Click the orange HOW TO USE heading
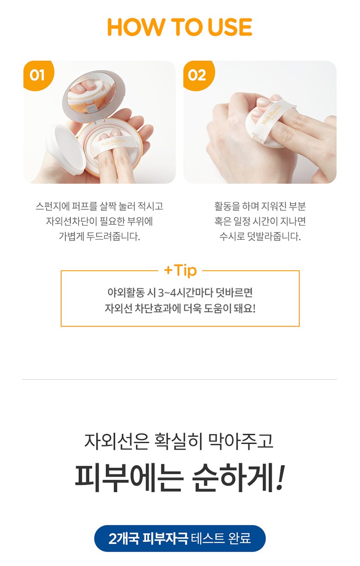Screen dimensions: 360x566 [x=180, y=27]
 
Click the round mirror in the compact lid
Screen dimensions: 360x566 [x=92, y=93]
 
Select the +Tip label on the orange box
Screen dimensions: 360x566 [x=180, y=271]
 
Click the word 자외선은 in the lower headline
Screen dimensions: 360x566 [x=116, y=441]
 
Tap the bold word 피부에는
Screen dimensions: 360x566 [x=128, y=477]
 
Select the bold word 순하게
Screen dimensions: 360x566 [x=232, y=477]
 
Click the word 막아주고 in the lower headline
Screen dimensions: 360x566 [x=240, y=441]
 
